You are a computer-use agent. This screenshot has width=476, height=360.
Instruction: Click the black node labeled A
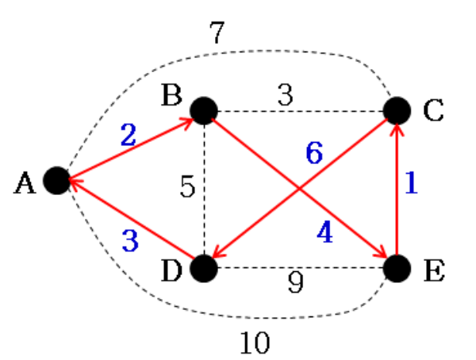tap(56, 181)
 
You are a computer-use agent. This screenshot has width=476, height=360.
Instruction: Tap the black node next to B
tap(203, 110)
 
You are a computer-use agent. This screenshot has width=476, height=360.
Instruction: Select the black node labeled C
tap(397, 110)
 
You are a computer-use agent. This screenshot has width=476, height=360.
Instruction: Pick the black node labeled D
tap(203, 268)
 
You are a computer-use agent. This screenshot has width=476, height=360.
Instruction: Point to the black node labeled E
tap(397, 268)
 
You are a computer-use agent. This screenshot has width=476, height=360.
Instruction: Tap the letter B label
tap(171, 97)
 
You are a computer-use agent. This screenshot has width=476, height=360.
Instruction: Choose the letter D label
tap(171, 270)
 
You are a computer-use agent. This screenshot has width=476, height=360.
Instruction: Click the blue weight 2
tap(128, 135)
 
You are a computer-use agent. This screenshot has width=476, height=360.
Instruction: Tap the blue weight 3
tap(130, 239)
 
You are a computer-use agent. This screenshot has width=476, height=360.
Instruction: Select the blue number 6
tap(314, 152)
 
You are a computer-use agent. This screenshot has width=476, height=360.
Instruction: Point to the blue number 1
tap(410, 184)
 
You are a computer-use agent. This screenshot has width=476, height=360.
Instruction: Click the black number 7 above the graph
tap(217, 34)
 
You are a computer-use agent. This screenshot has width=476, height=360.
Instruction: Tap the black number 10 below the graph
tap(255, 343)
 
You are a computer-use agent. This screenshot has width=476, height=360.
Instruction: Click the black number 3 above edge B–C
tap(286, 95)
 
